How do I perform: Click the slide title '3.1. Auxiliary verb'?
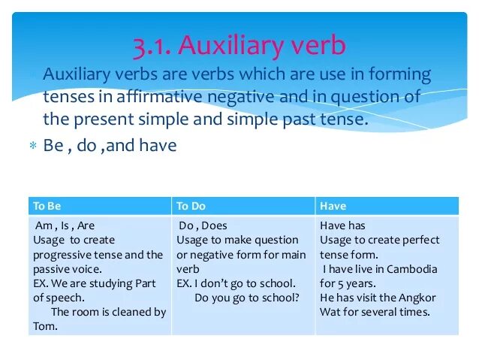pyautogui.click(x=239, y=46)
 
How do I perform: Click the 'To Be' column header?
pyautogui.click(x=47, y=206)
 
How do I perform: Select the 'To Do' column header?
pyautogui.click(x=191, y=206)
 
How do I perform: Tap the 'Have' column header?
pyautogui.click(x=333, y=206)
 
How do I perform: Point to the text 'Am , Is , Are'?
pyautogui.click(x=65, y=225)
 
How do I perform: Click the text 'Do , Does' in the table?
pyautogui.click(x=203, y=225)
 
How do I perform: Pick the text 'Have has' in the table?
pyautogui.click(x=342, y=225)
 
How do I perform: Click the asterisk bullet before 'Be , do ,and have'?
pyautogui.click(x=32, y=147)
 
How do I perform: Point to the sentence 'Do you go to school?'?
pyautogui.click(x=247, y=298)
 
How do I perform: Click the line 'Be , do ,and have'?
pyautogui.click(x=110, y=146)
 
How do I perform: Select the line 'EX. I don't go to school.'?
pyautogui.click(x=235, y=283)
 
